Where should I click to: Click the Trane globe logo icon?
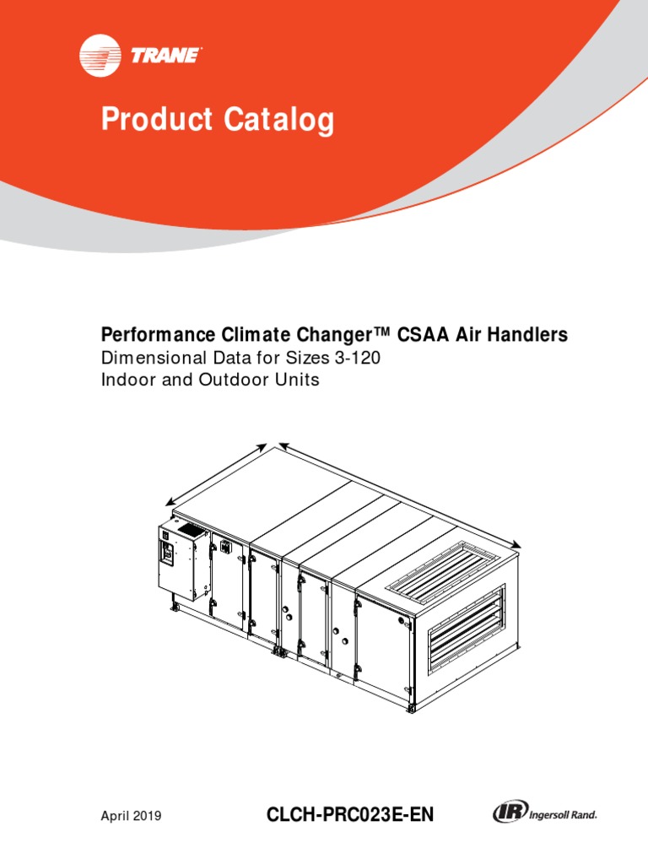(x=100, y=57)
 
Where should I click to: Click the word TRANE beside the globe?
(x=165, y=57)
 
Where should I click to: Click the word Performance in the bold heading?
(x=156, y=336)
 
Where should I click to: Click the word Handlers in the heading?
(x=529, y=335)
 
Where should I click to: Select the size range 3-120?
(x=358, y=358)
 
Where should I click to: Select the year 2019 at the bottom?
(x=148, y=816)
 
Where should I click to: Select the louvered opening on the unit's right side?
(x=467, y=628)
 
